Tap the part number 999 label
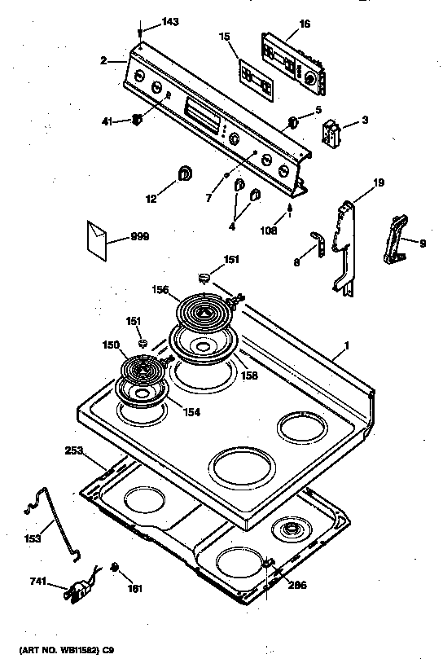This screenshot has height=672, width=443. pos(141,239)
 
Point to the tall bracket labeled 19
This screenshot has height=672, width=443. pos(345,244)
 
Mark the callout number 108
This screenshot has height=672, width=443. pos(267,230)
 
